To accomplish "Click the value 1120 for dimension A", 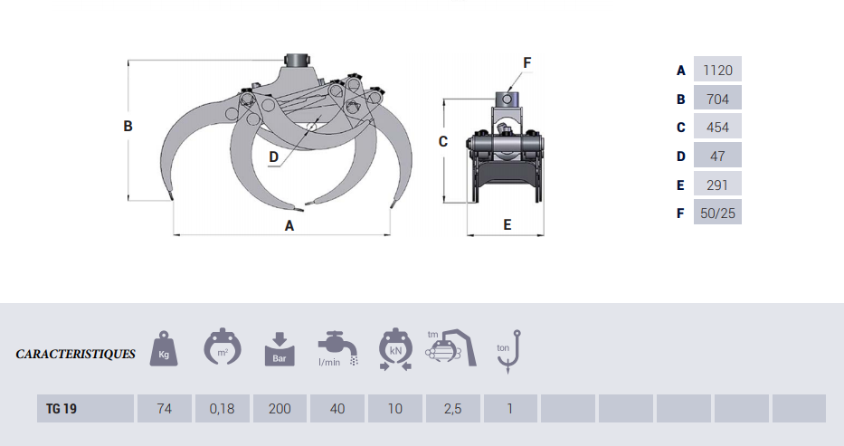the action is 717,70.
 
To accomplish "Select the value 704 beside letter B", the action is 717,99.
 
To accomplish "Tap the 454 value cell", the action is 717,127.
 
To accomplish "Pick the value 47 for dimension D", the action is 717,156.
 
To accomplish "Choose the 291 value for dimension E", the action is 717,185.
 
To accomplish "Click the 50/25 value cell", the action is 717,213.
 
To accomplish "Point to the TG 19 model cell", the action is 85,408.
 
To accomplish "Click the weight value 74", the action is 164,408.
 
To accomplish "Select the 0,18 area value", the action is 223,408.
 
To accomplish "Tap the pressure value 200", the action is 280,408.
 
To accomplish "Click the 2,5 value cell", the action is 452,408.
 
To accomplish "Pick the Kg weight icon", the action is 164,348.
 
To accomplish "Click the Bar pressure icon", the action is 280,349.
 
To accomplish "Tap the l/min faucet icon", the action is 338,348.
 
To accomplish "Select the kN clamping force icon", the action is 395,348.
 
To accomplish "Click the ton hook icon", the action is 508,351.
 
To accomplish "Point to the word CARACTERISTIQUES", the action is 75,354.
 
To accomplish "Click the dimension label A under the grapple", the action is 289,226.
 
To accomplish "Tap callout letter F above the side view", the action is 527,63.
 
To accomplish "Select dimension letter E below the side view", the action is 507,225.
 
